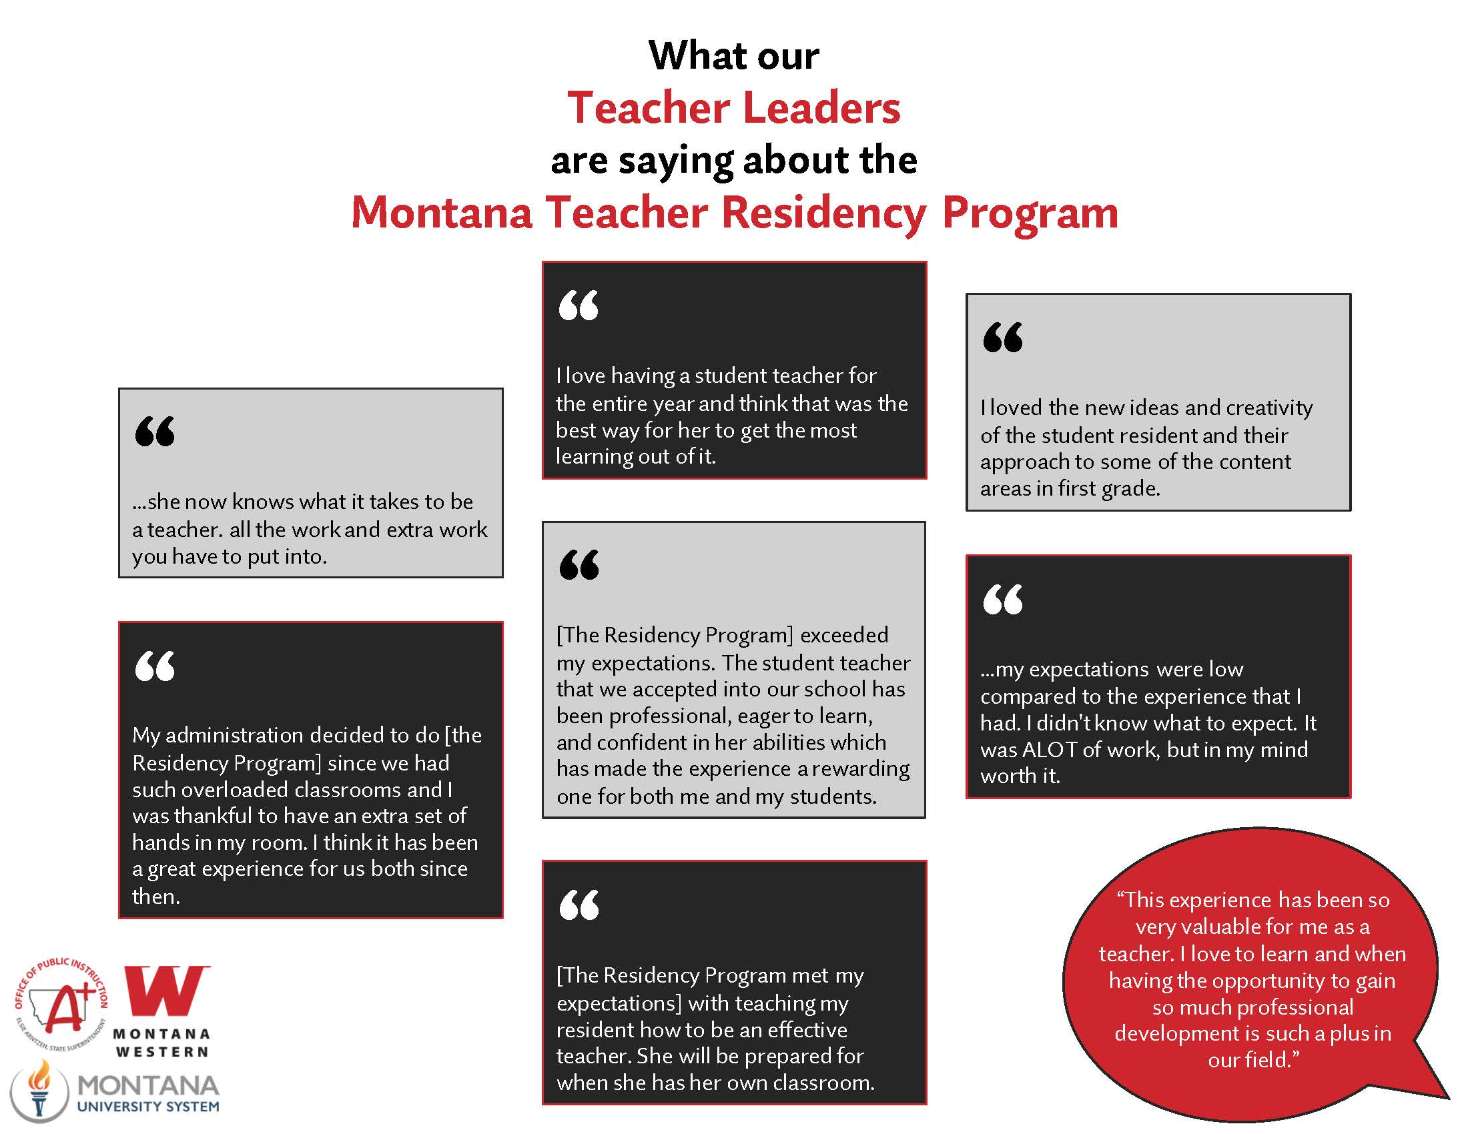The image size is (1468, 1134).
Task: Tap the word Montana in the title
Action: [x=442, y=212]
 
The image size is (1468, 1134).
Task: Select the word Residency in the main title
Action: [x=824, y=212]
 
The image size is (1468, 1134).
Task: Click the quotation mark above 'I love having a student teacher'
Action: [x=578, y=306]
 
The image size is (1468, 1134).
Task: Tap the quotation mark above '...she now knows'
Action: [x=155, y=432]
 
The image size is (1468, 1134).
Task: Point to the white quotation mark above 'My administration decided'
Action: [x=155, y=666]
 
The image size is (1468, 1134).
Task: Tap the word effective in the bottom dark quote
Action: [x=807, y=1030]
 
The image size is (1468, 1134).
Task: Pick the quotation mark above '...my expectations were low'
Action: [x=1002, y=599]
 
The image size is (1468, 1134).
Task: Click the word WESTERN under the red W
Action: [x=162, y=1051]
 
